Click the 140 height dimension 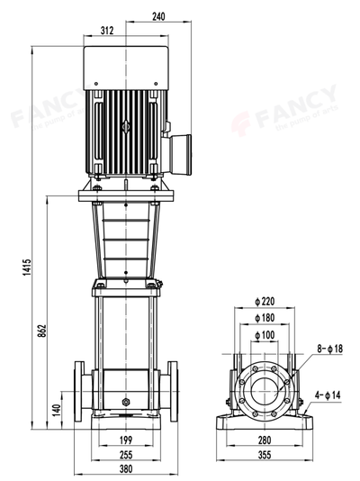(x=56, y=409)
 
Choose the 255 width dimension (x=125, y=455)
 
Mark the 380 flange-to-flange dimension (x=125, y=469)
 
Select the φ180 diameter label (x=264, y=318)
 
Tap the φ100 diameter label (x=264, y=335)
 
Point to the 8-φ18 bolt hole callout (x=329, y=347)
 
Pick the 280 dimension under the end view (x=265, y=440)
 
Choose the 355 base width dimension (x=265, y=455)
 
